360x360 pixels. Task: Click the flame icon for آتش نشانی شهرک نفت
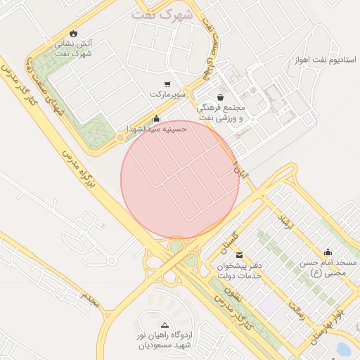[74, 33]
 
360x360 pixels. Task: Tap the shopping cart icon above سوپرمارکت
[167, 84]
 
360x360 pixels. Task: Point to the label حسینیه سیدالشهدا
[155, 129]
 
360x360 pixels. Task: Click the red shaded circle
[180, 179]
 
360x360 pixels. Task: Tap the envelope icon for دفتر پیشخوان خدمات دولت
[240, 255]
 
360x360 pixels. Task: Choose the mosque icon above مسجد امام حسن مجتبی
[328, 252]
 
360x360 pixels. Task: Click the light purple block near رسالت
[267, 305]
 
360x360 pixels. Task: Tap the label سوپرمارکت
[167, 94]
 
